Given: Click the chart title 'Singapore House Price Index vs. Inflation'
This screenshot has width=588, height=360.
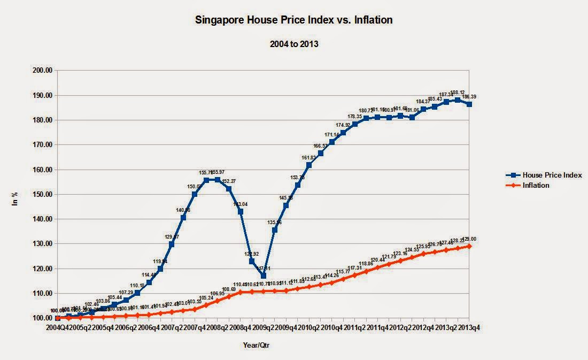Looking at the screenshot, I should [x=293, y=20].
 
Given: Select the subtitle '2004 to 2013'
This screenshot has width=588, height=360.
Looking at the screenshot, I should [x=293, y=44].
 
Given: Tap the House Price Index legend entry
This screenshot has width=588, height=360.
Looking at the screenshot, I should [x=552, y=175].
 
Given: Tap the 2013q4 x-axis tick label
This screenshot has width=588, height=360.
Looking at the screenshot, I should [x=470, y=327].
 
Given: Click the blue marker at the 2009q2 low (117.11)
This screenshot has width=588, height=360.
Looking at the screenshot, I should [x=264, y=275].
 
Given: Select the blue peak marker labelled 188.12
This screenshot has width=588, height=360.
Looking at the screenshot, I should [x=458, y=99].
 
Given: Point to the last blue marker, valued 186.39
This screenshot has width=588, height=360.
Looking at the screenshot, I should [x=469, y=104].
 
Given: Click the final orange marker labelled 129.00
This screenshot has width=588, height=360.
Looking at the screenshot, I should [x=469, y=246].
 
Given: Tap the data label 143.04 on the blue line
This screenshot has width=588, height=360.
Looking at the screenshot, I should [x=241, y=204].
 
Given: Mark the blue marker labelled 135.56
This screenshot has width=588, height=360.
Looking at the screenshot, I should [x=275, y=230].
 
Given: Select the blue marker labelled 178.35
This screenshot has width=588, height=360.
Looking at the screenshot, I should [x=355, y=124].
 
